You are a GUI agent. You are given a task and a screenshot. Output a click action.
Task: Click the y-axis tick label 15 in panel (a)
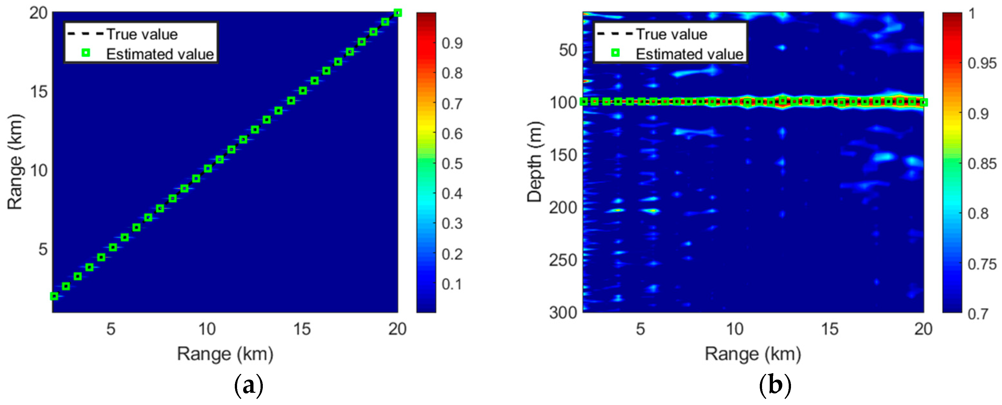(38, 92)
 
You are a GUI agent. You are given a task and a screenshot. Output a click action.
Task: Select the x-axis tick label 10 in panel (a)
(207, 329)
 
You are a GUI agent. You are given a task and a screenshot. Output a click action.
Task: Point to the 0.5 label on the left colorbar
(452, 164)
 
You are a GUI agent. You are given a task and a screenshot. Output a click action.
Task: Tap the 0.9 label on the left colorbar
(452, 43)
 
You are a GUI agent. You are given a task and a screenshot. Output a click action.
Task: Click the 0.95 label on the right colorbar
(982, 63)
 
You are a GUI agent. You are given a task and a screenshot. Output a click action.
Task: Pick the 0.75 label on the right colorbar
(982, 264)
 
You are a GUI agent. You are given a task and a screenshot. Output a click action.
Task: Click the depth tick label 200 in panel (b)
(563, 208)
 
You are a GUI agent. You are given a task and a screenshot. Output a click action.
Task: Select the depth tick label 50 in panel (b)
(568, 50)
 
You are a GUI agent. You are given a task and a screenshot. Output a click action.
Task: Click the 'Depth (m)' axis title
(535, 162)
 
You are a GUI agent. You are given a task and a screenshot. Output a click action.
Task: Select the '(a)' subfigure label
(249, 386)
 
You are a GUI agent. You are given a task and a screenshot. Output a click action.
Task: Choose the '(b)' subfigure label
(775, 386)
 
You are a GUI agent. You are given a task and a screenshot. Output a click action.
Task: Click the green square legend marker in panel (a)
(86, 53)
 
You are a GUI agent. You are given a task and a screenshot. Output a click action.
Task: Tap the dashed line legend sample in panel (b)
(615, 34)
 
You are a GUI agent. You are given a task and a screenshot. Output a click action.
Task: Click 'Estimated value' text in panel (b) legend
(689, 54)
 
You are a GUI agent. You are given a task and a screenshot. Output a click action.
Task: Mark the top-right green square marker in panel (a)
(398, 13)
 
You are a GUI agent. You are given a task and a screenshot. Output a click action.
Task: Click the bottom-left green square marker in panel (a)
(54, 297)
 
